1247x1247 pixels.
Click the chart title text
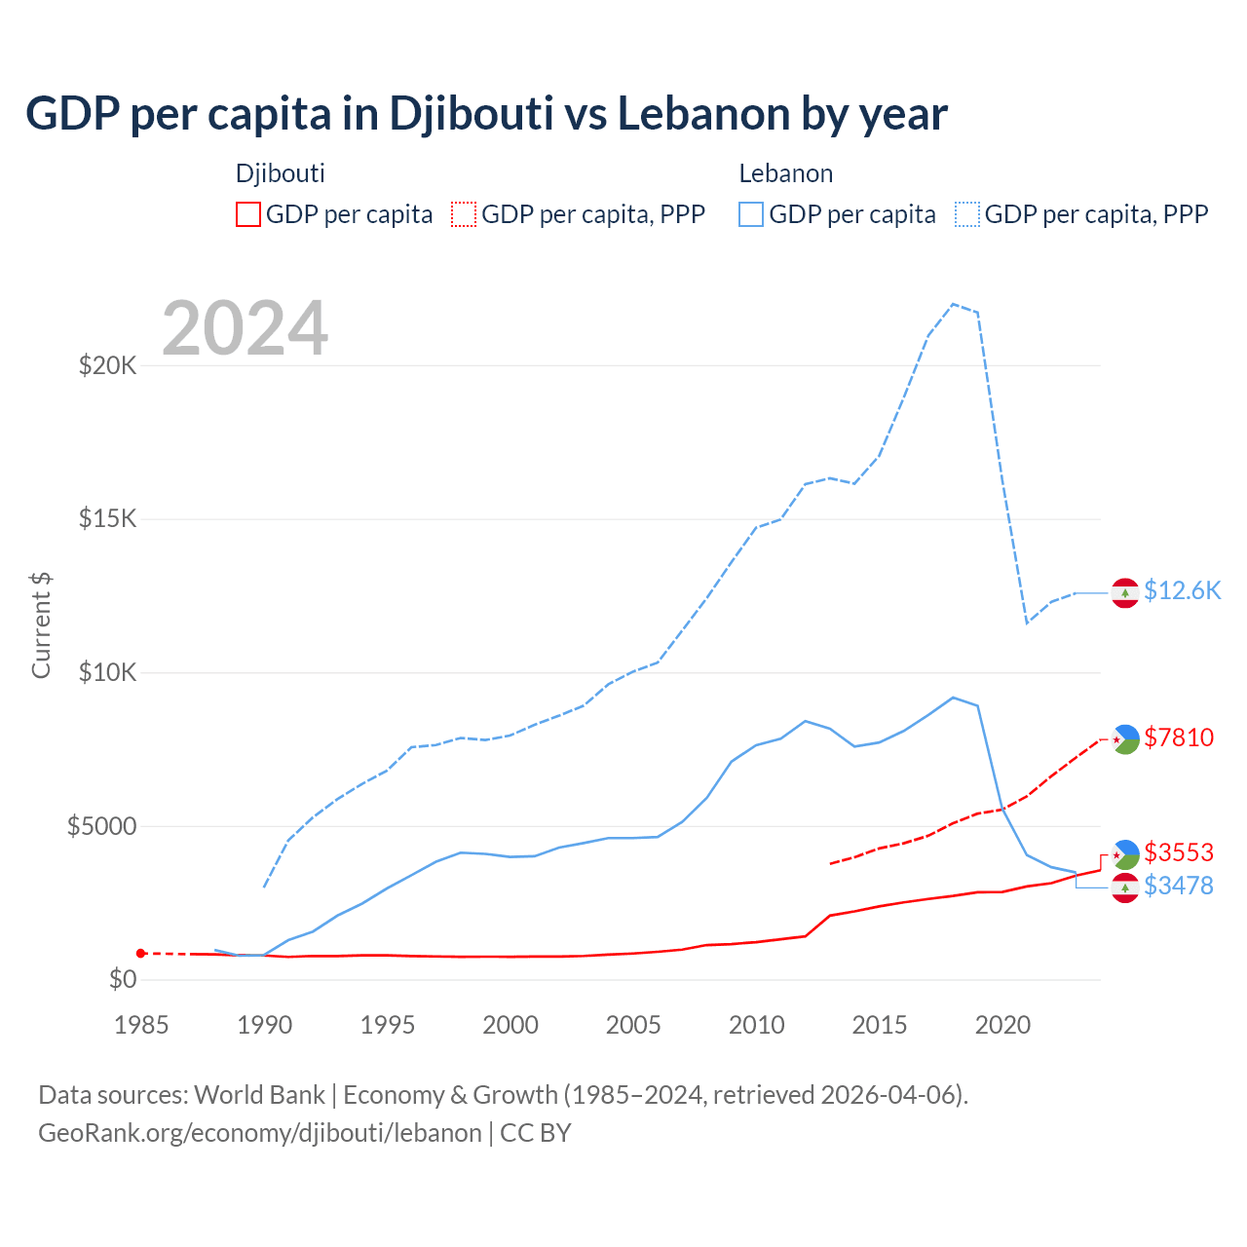click(x=486, y=114)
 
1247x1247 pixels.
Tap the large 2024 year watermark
click(x=245, y=328)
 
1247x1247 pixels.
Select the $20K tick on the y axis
click(x=108, y=365)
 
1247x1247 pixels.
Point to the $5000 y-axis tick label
click(x=101, y=826)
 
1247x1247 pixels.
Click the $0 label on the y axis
click(x=122, y=979)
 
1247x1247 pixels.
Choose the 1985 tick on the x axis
click(x=141, y=1025)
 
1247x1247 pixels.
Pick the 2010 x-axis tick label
click(x=756, y=1025)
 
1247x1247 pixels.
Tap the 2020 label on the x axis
click(x=1002, y=1025)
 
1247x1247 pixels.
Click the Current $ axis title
click(x=41, y=625)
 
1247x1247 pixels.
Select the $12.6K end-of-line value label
click(x=1182, y=591)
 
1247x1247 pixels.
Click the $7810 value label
click(x=1179, y=737)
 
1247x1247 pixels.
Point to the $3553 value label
click(x=1179, y=852)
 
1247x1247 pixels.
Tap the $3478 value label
click(x=1179, y=886)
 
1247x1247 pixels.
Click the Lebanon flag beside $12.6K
click(x=1125, y=592)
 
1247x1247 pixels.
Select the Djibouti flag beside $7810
click(x=1125, y=739)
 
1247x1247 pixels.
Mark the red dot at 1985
click(x=141, y=953)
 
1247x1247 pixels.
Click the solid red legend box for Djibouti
click(x=248, y=214)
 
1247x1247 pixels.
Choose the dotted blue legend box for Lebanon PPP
click(x=967, y=214)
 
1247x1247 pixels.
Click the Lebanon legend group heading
click(x=785, y=173)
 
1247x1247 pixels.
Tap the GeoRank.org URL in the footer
click(x=260, y=1133)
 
